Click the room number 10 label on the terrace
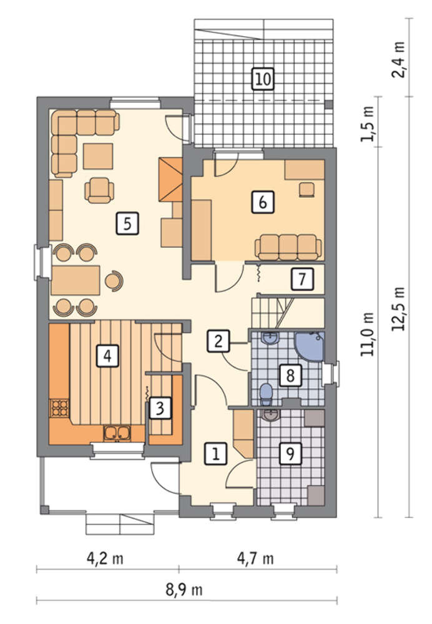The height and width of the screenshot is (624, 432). [263, 79]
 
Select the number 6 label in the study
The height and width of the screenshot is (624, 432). [263, 202]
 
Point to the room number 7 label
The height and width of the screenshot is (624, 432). [302, 279]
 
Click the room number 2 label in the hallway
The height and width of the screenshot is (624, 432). [218, 341]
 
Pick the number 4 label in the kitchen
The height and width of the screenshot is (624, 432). [107, 356]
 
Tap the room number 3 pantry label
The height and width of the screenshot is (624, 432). [160, 408]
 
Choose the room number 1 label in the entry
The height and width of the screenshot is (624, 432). [216, 454]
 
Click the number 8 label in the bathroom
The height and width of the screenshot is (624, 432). [290, 375]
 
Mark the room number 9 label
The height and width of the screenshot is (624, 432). [290, 453]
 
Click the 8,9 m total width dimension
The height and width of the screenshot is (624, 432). [184, 589]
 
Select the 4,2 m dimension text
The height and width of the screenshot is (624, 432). [105, 558]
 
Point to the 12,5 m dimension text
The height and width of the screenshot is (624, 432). [398, 308]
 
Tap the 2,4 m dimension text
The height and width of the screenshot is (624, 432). [398, 60]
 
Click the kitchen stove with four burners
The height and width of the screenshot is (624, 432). [59, 407]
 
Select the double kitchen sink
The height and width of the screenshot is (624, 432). [117, 433]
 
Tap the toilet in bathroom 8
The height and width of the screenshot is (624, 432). [265, 391]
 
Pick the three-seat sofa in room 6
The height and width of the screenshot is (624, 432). [288, 246]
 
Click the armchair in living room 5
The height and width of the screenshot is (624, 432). [99, 190]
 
